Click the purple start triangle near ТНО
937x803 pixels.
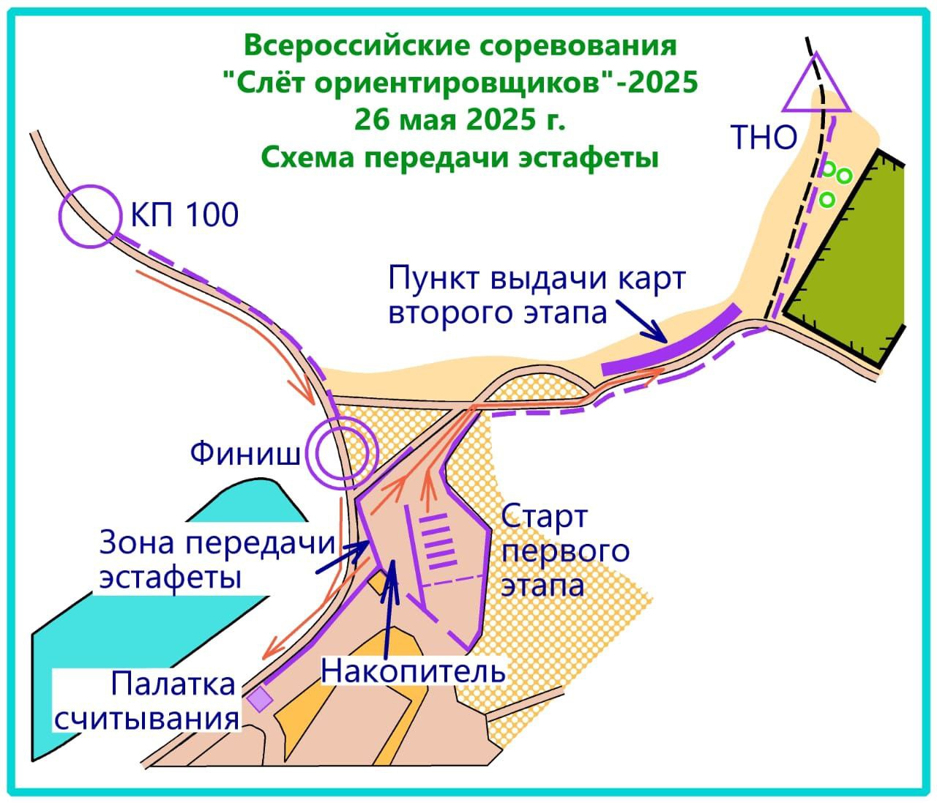(817, 86)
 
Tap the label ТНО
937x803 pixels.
(764, 137)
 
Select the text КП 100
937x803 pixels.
(184, 215)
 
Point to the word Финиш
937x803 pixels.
(245, 454)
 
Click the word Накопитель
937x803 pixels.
(414, 670)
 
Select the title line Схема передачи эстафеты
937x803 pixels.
(460, 157)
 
